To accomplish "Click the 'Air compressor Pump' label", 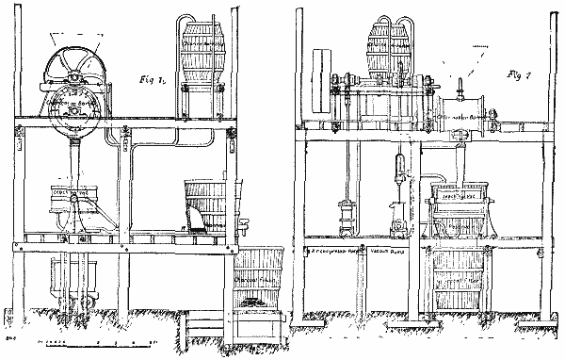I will (339, 251).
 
